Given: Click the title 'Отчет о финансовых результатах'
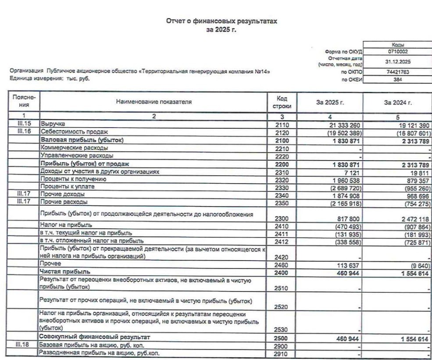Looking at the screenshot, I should [221, 21].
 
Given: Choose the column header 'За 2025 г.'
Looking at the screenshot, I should [330, 102].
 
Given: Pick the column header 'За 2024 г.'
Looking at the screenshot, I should [398, 102].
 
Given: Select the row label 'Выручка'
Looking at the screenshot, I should [53, 125].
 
